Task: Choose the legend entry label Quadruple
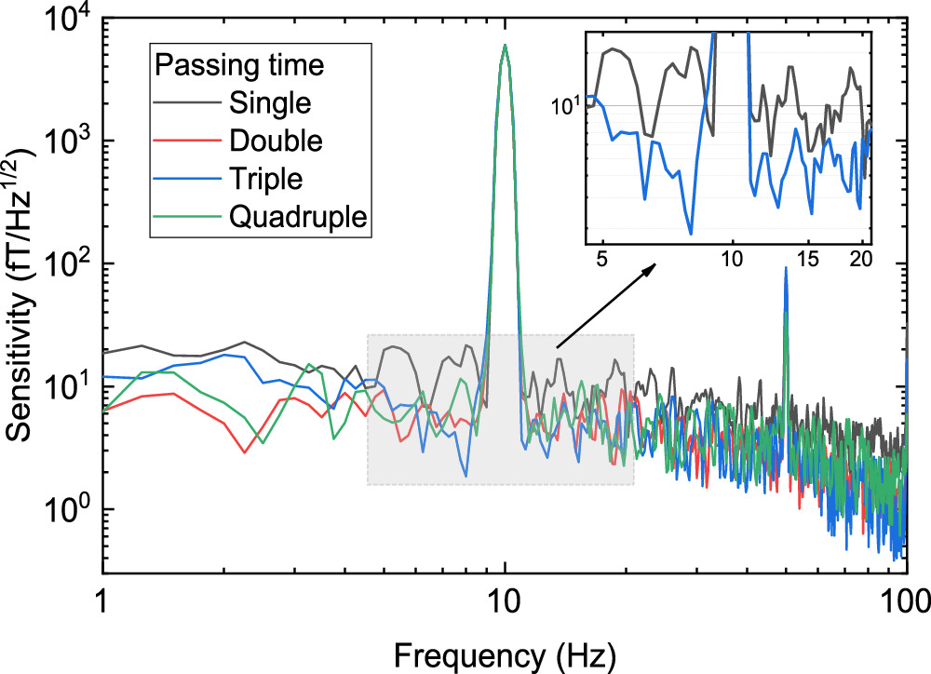pos(296,217)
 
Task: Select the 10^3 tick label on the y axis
pos(68,142)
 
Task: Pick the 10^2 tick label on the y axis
pos(68,264)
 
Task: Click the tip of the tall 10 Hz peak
pos(504,45)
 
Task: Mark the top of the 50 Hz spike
pos(786,268)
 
